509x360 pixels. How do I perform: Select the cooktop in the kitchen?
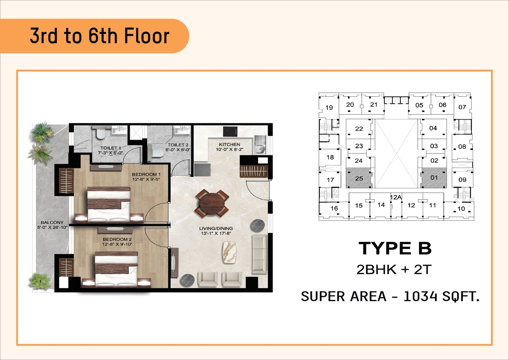[230, 132]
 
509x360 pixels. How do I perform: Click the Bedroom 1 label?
[146, 175]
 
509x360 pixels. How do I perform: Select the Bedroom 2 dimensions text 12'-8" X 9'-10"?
[117, 244]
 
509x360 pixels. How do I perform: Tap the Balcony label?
[52, 222]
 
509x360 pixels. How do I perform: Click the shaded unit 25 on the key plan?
[359, 178]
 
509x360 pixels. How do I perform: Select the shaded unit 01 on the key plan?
[434, 178]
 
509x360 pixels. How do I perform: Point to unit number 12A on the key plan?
[396, 197]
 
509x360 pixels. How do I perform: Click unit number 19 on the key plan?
[329, 107]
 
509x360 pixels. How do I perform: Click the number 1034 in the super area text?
[420, 296]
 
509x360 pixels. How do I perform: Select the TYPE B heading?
[395, 248]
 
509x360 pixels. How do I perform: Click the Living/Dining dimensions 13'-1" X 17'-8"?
[216, 233]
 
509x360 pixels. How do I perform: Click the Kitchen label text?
[229, 144]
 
